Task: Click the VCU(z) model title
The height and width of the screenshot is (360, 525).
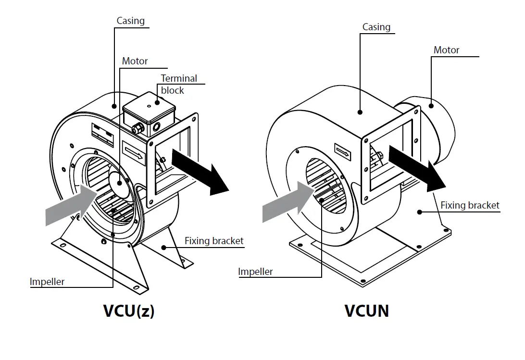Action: point(128,311)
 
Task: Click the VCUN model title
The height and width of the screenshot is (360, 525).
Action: point(366,311)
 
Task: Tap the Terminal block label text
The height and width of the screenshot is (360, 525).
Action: point(178,84)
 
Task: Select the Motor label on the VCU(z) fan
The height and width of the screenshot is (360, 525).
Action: point(135,61)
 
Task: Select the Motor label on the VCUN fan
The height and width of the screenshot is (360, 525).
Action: point(446,50)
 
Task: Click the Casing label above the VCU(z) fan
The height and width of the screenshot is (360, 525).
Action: point(130,21)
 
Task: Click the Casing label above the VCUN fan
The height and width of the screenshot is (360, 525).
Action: point(376,27)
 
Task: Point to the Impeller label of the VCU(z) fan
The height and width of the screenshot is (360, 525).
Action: point(47,282)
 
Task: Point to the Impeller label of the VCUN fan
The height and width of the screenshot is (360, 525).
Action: point(255,272)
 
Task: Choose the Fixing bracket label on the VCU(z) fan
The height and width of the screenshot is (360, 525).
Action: point(214,241)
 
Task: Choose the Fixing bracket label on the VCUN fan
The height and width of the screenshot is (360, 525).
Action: point(470,206)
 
